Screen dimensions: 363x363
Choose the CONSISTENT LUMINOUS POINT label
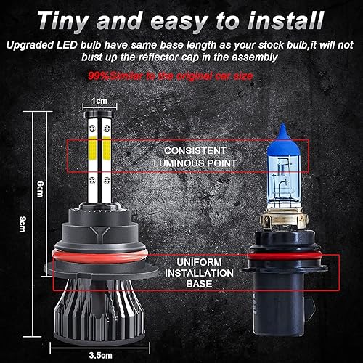(189, 155)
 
